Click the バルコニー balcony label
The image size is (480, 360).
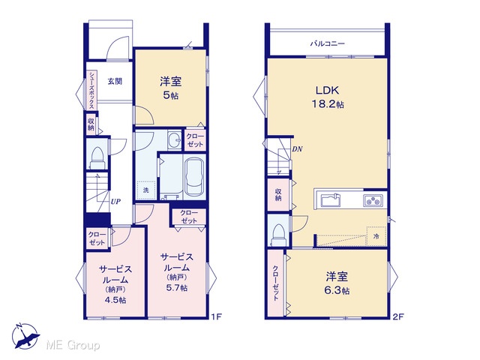pyautogui.click(x=328, y=43)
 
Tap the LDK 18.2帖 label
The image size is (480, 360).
pyautogui.click(x=328, y=97)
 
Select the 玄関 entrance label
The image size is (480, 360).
pyautogui.click(x=115, y=81)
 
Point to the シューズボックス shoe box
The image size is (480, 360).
pyautogui.click(x=91, y=90)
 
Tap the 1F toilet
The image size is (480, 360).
pyautogui.click(x=97, y=157)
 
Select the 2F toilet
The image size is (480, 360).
pyautogui.click(x=278, y=235)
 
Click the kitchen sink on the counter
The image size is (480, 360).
pyautogui.click(x=331, y=200)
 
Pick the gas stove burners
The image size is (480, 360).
pyautogui.click(x=373, y=201)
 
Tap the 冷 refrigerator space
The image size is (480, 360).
pyautogui.click(x=376, y=236)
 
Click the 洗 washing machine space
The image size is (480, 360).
pyautogui.click(x=146, y=190)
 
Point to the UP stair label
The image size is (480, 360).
pyautogui.click(x=115, y=202)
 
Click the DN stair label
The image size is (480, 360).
pyautogui.click(x=297, y=149)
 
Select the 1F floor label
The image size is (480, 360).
pyautogui.click(x=216, y=316)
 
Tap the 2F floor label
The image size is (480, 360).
pyautogui.click(x=398, y=316)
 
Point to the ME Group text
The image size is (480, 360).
pyautogui.click(x=73, y=346)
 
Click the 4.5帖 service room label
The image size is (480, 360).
pyautogui.click(x=115, y=300)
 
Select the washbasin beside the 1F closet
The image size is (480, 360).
pyautogui.click(x=175, y=140)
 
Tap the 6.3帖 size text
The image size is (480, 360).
pyautogui.click(x=337, y=290)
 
